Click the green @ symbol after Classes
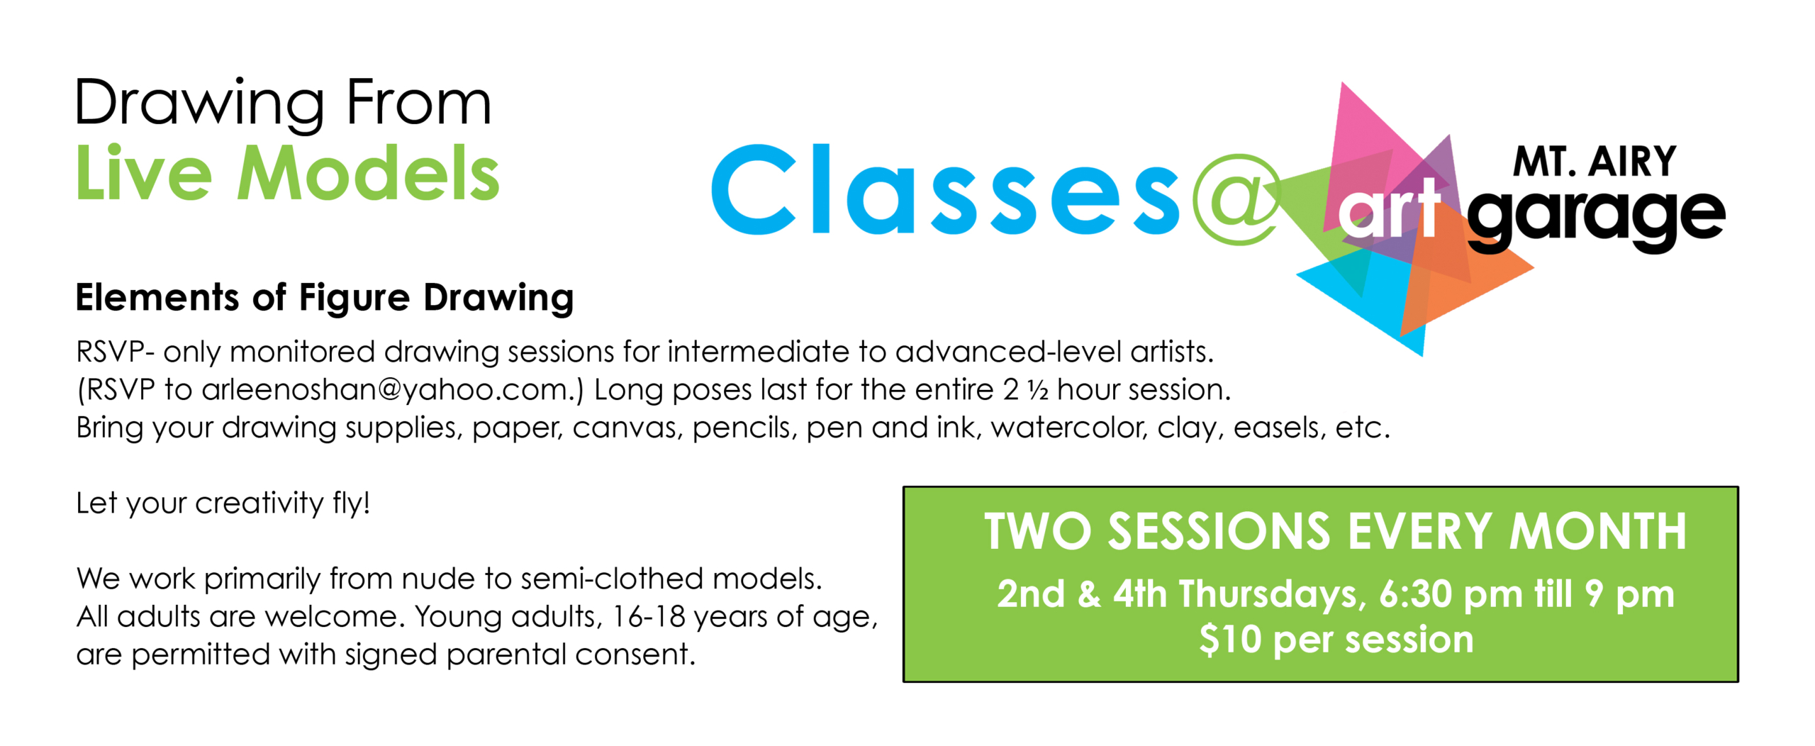(1237, 199)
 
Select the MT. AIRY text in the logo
(1595, 162)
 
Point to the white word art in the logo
(1389, 210)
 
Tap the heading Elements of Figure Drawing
(325, 298)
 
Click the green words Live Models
(288, 174)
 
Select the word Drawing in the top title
(201, 105)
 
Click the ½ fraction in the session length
(1039, 391)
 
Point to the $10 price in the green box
(1230, 639)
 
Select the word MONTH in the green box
(1597, 531)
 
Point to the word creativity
(259, 503)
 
